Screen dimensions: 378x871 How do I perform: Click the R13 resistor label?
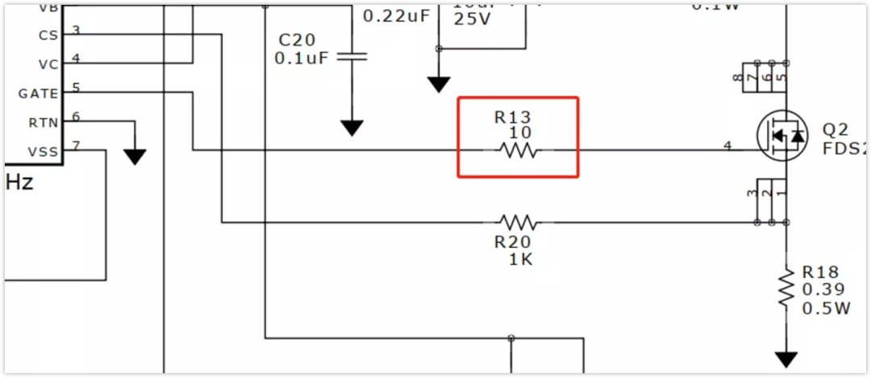coord(513,118)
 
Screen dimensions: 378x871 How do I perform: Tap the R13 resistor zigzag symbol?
coord(517,150)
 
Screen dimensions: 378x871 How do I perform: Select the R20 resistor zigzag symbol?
coord(517,221)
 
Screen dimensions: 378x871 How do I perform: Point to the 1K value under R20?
coord(520,260)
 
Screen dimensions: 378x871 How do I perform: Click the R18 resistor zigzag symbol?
coord(786,288)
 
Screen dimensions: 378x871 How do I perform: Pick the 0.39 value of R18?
coord(823,290)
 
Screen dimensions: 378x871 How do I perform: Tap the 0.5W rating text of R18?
coord(826,308)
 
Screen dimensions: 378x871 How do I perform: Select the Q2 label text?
coord(836,130)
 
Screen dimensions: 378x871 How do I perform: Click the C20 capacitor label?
coord(298,40)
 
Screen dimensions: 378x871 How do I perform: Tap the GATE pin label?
coord(39,94)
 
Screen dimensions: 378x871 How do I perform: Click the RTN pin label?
coord(44,123)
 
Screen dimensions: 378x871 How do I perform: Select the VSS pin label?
coord(44,152)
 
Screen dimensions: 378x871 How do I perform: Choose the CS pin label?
coord(48,36)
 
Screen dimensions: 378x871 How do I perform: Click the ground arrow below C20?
coord(352,128)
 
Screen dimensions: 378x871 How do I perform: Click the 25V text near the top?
coord(472,19)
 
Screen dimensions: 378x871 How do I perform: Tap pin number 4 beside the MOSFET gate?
coord(727,146)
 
